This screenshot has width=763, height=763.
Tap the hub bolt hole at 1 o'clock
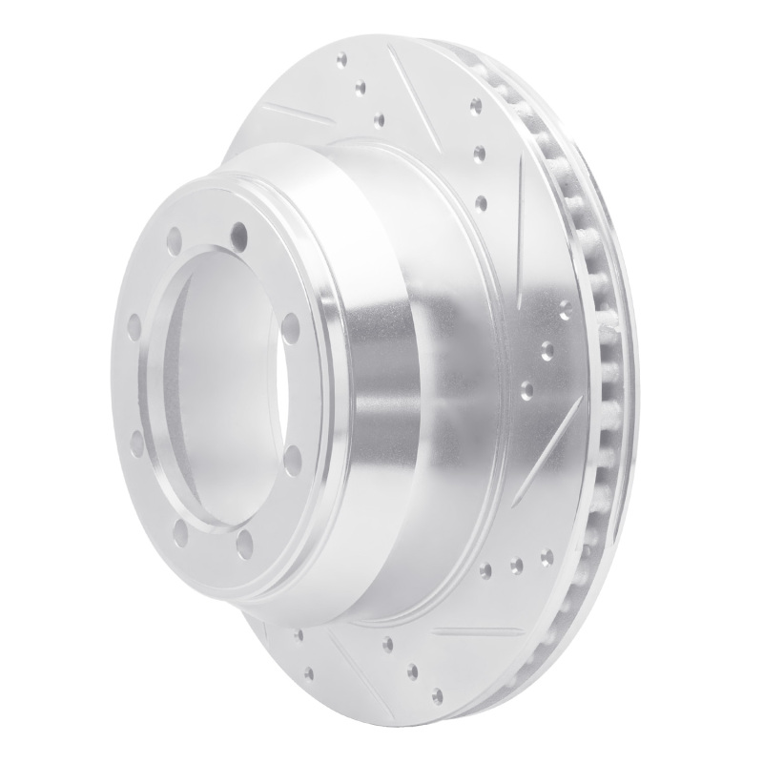[x=238, y=233]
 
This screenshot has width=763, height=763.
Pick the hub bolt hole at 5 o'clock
[x=293, y=460]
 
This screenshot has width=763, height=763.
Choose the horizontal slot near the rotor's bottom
[x=476, y=631]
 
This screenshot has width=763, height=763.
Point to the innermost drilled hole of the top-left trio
[x=379, y=119]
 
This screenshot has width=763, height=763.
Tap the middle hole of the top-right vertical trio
[x=479, y=152]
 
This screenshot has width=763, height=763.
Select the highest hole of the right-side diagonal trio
[x=565, y=307]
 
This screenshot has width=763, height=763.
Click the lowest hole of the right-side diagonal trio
[x=526, y=389]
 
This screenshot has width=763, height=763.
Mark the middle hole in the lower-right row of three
[x=516, y=566]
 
